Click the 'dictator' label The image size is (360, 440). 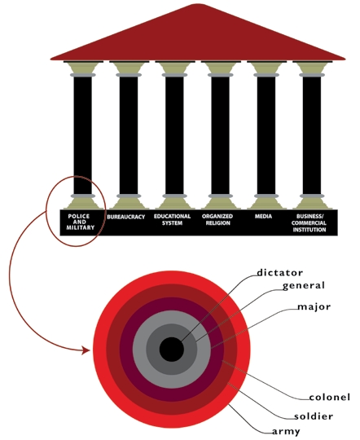click(x=279, y=273)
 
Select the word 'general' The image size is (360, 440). click(x=303, y=286)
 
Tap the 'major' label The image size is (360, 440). click(x=314, y=307)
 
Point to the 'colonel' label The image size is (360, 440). click(x=329, y=398)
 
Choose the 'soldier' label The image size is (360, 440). click(x=314, y=416)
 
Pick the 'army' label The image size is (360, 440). click(x=286, y=432)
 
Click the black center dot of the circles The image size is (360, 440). click(x=172, y=350)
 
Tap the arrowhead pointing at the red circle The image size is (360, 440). click(x=86, y=350)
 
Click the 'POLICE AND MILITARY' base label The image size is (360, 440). click(x=80, y=222)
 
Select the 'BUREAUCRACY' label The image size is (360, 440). click(x=125, y=217)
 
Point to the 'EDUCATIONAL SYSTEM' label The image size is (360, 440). click(x=172, y=220)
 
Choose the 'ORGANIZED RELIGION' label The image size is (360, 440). click(x=217, y=220)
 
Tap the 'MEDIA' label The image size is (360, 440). click(x=263, y=217)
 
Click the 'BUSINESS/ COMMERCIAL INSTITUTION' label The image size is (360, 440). click(x=309, y=223)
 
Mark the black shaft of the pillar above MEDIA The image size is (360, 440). click(x=266, y=135)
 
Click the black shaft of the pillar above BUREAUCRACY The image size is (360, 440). click(x=129, y=135)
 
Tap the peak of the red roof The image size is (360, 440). click(x=198, y=4)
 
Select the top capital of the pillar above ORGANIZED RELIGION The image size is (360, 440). click(x=220, y=68)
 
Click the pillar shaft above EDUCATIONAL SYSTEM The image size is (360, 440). click(x=174, y=135)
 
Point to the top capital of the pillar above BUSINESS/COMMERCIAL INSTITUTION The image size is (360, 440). click(x=312, y=68)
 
